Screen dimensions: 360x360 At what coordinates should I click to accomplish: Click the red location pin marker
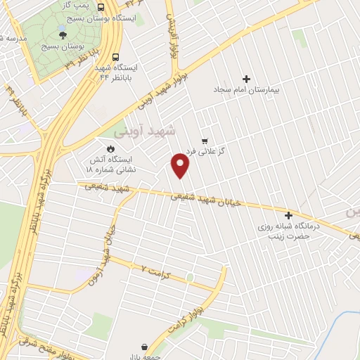pos(181,166)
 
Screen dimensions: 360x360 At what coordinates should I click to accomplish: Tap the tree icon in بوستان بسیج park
pos(63,33)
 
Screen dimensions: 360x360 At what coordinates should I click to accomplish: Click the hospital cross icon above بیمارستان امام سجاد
pos(245,79)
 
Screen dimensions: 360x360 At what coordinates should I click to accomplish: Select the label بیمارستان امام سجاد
pos(245,90)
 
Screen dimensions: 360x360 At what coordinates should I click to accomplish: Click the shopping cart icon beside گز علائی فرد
pos(205,141)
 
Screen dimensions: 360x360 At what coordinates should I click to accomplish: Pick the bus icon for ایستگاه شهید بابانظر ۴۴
pos(115,58)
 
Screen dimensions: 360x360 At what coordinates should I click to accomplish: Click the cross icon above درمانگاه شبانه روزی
pos(288,214)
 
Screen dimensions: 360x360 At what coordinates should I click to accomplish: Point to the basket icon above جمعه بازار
pos(144,347)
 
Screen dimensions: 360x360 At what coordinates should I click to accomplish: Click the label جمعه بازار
pos(144,357)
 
